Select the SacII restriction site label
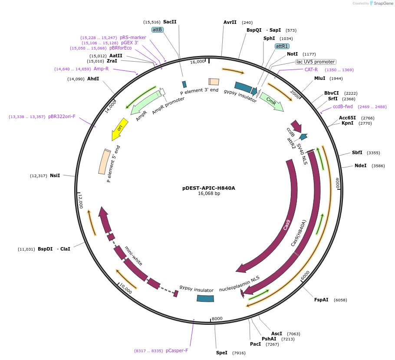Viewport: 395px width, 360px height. coord(170,22)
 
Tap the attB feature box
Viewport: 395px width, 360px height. coord(157,30)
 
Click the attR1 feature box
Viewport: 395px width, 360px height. coord(282,46)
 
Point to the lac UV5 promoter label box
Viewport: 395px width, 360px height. coord(315,62)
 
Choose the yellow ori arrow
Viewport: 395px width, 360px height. coord(119,129)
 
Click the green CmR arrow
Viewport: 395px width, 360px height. coord(272,102)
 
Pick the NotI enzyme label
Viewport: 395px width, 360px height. coord(292,54)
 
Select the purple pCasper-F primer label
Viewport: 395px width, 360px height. coord(177,350)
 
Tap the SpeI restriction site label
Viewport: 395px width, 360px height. coord(221,353)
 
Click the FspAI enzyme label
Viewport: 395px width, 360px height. coord(321,300)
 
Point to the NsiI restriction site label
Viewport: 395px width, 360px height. coord(55,175)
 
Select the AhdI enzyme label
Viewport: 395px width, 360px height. coord(93,79)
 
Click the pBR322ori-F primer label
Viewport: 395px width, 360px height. coord(62,116)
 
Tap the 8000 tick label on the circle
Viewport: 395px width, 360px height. coord(217,318)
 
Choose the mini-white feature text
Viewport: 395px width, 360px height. coord(133,256)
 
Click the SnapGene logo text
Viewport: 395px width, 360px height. coord(383,3)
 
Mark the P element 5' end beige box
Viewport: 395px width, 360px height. coord(105,162)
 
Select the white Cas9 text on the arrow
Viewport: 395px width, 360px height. coord(286,225)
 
